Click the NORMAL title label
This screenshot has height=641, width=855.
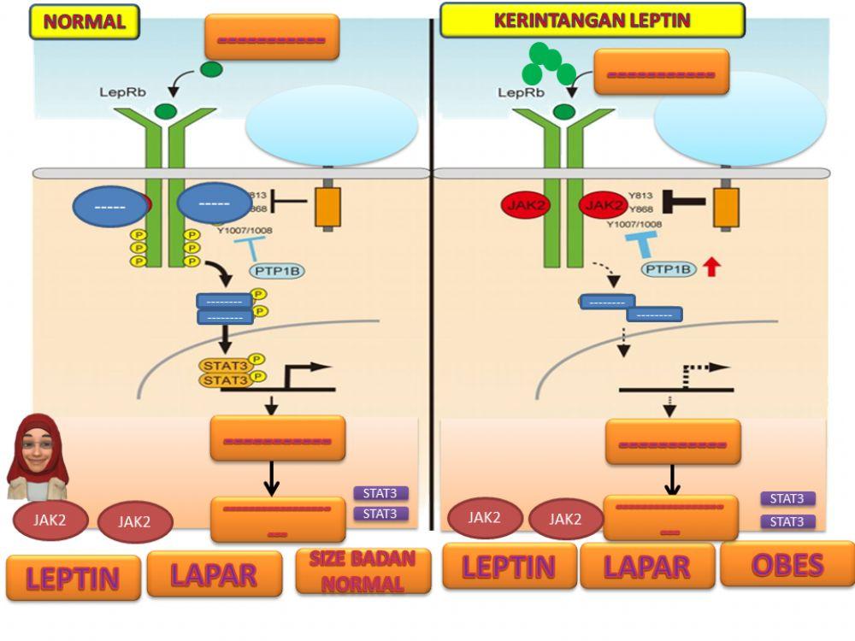pos(84,21)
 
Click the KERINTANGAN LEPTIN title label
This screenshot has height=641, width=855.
pos(592,20)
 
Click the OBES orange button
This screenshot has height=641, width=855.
pos(787,564)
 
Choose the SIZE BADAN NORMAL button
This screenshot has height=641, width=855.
pos(363,572)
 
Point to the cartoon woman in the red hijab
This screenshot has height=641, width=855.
pos(37,457)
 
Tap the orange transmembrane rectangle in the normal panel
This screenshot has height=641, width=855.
pos(327,207)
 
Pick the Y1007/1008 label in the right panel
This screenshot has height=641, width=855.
pos(634,225)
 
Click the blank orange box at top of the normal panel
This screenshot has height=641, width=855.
pos(271,38)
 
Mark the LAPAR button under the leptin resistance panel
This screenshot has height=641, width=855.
pos(647,566)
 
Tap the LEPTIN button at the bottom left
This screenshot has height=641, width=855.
pos(73,578)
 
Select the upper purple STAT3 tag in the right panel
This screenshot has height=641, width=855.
pos(787,498)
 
